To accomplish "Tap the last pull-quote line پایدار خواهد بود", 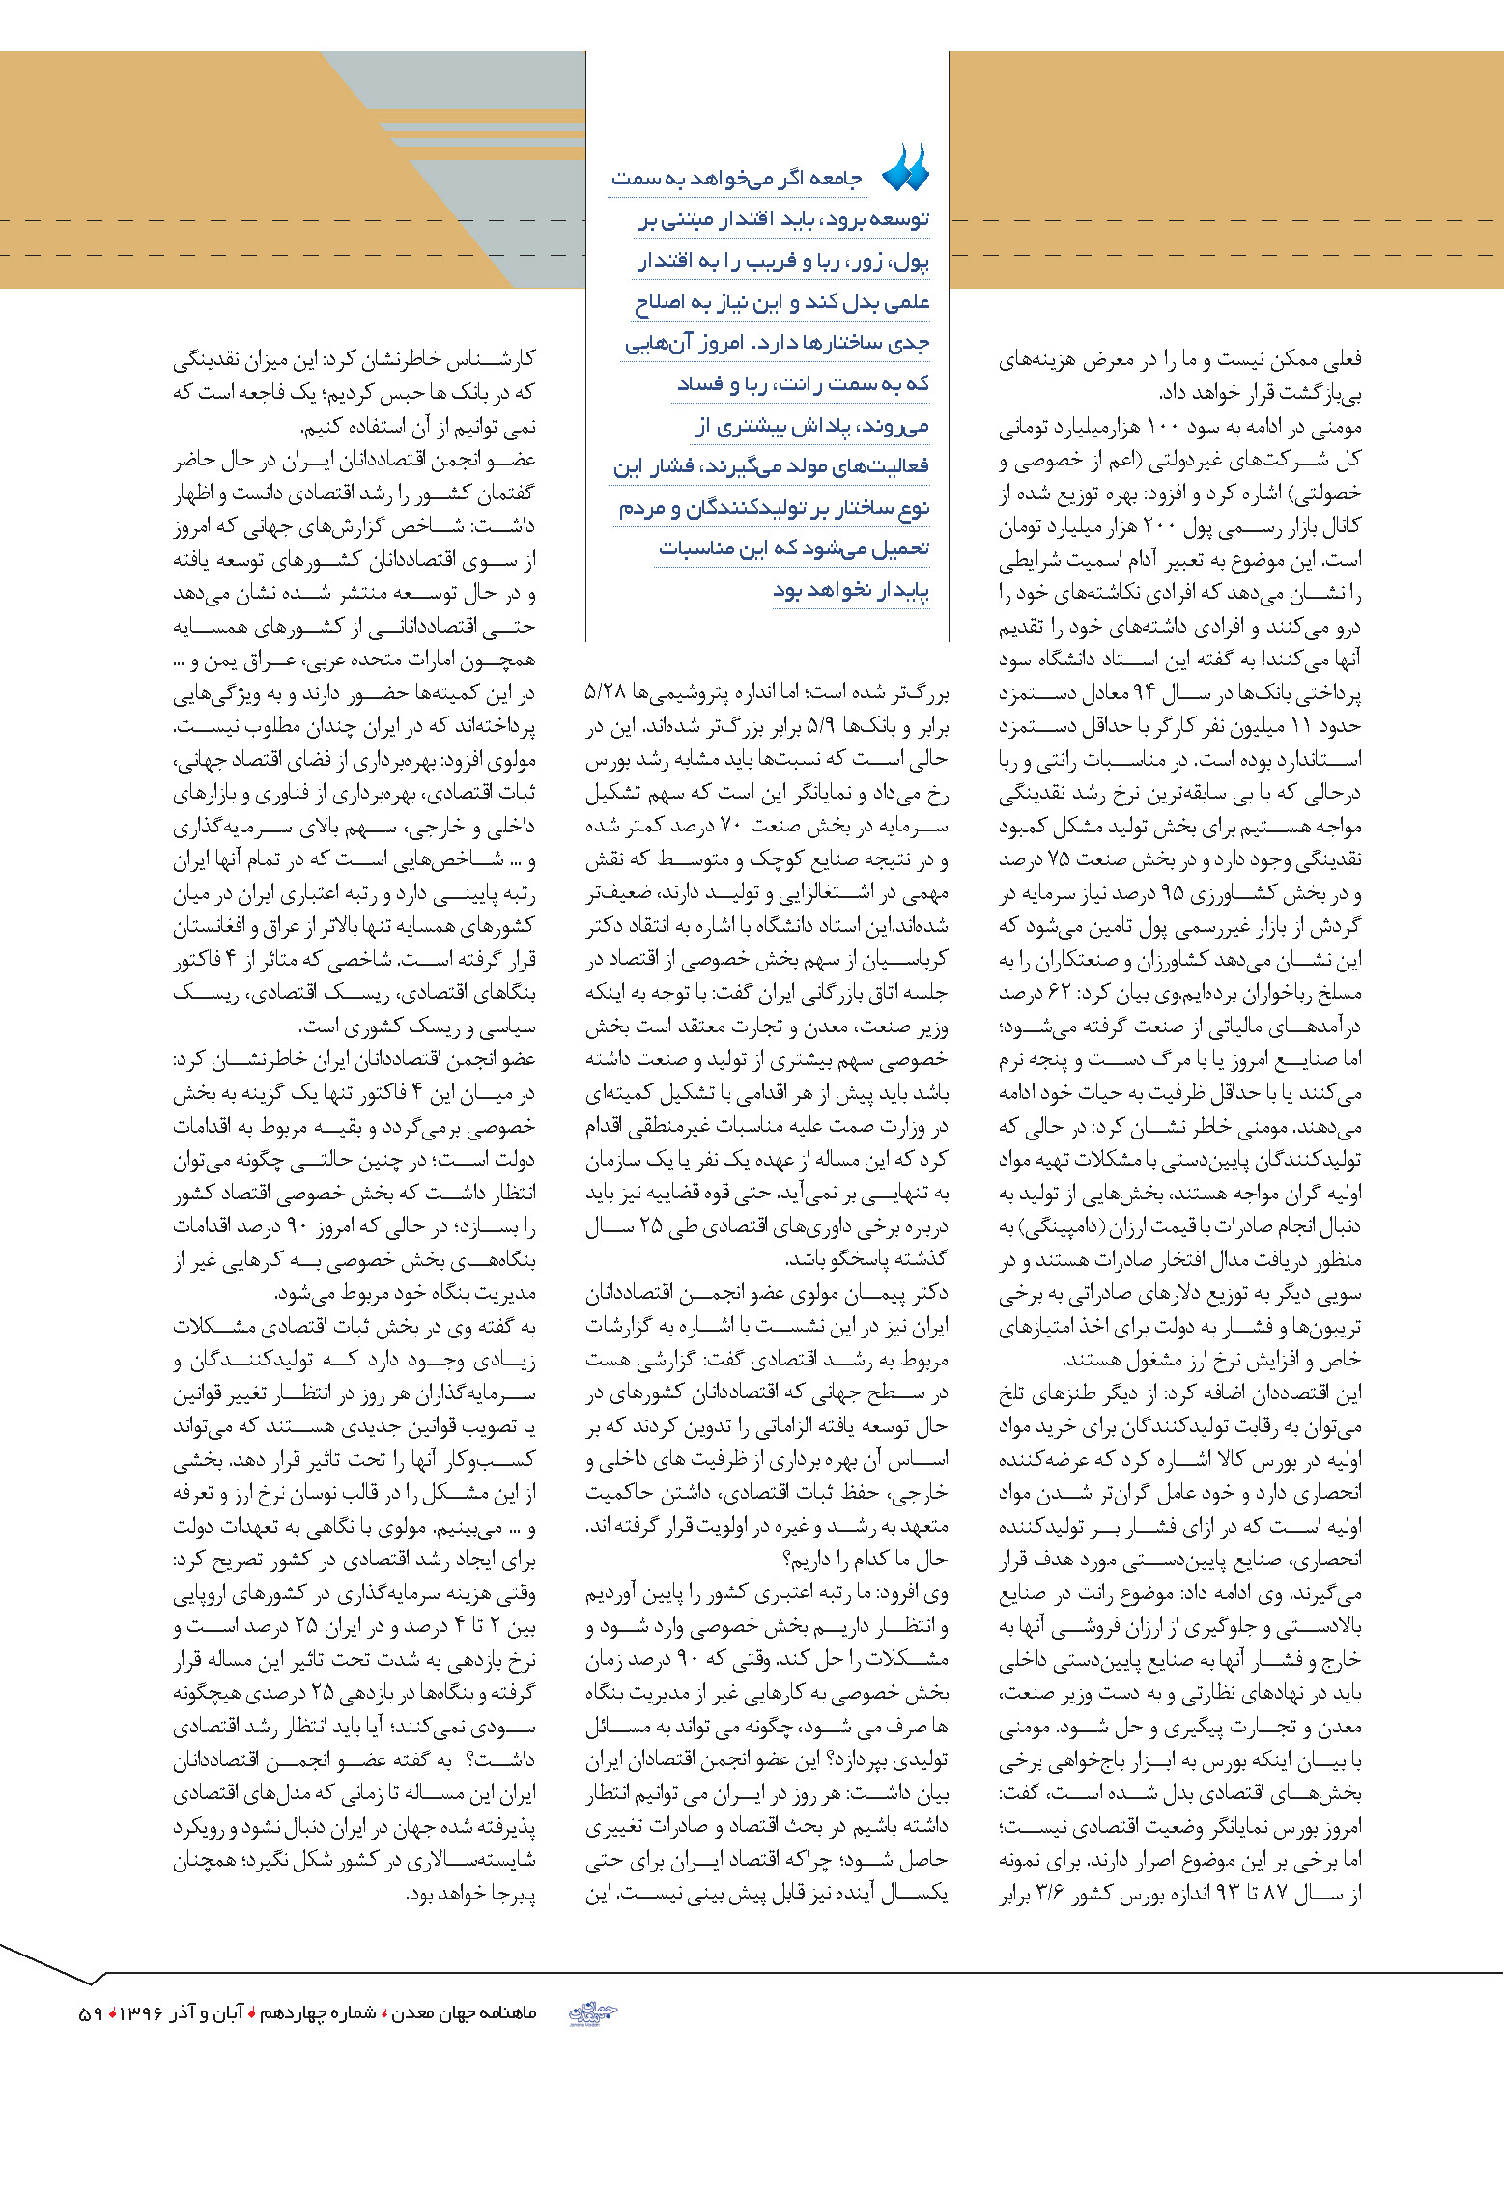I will [x=851, y=590].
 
